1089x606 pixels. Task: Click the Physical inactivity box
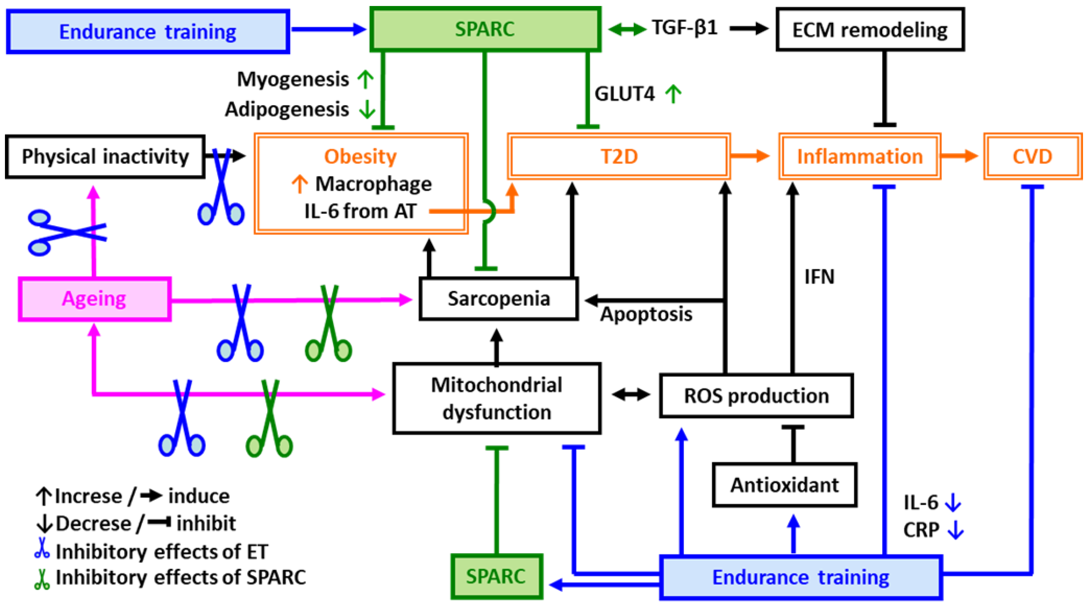105,156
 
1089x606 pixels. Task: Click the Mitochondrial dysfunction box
497,398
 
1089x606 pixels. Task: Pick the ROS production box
756,395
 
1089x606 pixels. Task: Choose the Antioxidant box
785,485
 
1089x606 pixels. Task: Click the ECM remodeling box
870,29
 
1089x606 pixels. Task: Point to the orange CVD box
1032,156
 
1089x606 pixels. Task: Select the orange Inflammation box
860,156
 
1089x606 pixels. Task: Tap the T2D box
619,156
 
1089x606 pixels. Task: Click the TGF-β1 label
684,28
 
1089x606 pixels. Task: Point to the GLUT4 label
624,94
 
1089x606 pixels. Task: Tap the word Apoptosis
646,314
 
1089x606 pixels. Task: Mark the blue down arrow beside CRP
955,530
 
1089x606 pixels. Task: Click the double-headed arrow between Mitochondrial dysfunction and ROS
631,395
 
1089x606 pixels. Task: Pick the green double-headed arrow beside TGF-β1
627,29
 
